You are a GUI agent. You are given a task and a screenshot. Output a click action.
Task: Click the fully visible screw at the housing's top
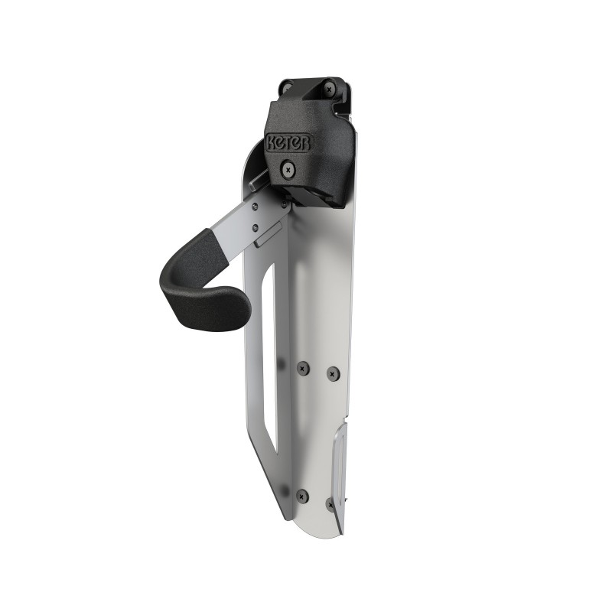point(330,89)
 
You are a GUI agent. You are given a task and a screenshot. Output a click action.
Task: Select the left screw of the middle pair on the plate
point(303,367)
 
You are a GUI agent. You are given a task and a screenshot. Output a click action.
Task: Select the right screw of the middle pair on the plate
point(332,373)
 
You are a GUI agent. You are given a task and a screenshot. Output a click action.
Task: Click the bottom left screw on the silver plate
point(302,495)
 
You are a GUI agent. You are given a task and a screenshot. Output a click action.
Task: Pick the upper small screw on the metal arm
point(255,207)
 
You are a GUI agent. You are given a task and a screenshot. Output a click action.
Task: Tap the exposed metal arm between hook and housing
point(245,222)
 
